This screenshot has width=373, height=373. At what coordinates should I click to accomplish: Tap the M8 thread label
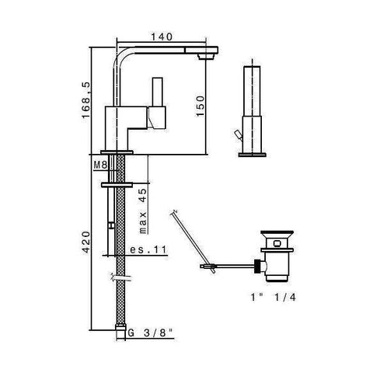click(x=99, y=166)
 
